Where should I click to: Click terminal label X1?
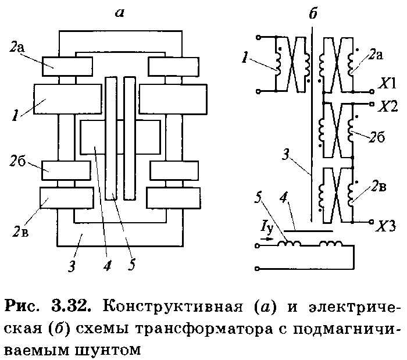[387, 83]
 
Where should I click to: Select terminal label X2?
[388, 106]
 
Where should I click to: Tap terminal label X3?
[386, 226]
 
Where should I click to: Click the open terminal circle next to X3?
[372, 222]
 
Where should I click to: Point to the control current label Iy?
[267, 229]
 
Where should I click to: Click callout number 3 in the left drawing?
[72, 265]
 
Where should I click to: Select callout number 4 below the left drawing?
[107, 265]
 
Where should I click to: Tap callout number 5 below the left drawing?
[132, 265]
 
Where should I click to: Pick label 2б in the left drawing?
[17, 161]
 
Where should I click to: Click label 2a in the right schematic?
[376, 55]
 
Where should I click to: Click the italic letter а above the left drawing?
[120, 13]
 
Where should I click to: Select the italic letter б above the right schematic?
[313, 13]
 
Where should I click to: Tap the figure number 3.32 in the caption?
[71, 306]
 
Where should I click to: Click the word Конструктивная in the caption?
[173, 306]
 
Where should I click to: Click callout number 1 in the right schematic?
[244, 58]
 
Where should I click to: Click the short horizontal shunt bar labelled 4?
[308, 230]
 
